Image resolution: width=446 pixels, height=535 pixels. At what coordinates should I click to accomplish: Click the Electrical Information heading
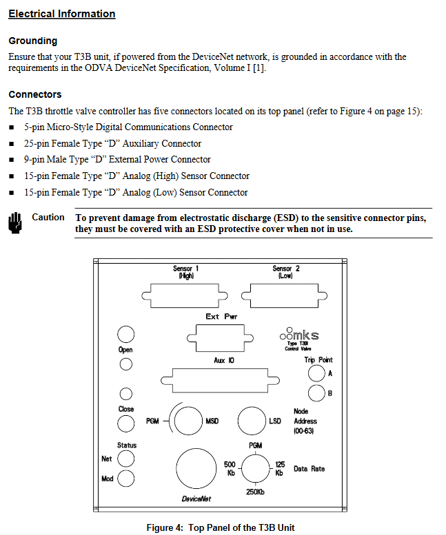[62, 14]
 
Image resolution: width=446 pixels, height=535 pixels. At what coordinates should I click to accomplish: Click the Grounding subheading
[32, 41]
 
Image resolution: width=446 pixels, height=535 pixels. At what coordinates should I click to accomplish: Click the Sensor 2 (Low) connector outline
[286, 296]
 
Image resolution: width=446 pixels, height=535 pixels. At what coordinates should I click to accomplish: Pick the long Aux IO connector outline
[221, 380]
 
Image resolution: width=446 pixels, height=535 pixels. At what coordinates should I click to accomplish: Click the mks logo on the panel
[300, 335]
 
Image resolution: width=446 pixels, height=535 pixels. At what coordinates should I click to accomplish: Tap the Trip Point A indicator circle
[316, 373]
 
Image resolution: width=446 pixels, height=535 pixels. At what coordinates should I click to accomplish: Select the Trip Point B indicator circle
[316, 393]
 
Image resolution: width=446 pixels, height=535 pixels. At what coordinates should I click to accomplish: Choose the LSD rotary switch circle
[251, 421]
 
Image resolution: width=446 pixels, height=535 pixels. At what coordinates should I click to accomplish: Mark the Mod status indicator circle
[126, 479]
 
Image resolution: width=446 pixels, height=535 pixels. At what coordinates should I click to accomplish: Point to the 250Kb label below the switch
[254, 492]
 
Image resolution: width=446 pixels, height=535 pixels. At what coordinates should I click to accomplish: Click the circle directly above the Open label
[125, 335]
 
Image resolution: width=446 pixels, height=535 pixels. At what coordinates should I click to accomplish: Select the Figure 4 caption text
[221, 527]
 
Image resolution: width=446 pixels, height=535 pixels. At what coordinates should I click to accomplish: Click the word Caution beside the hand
[48, 218]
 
